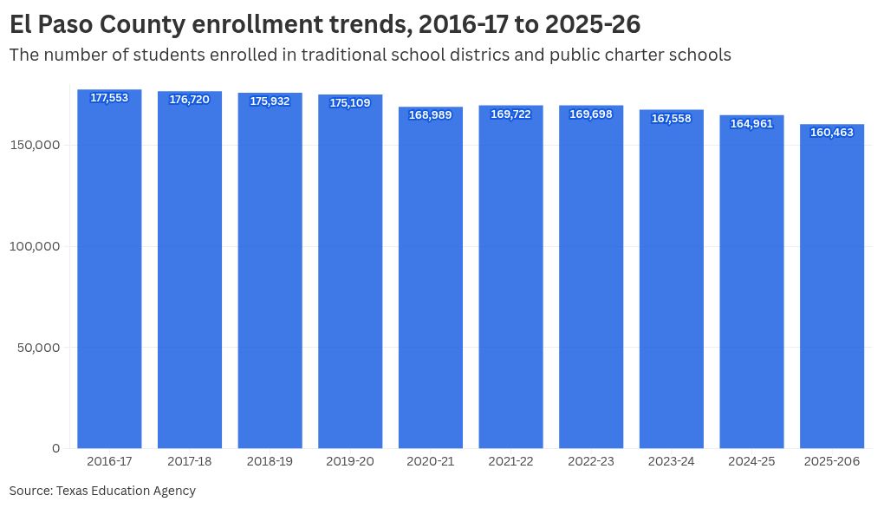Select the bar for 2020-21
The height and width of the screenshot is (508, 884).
pos(431,286)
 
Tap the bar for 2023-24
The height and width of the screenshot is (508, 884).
pos(671,286)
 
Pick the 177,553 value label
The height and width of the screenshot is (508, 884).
pos(109,98)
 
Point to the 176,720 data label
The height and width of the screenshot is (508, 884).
pos(189,100)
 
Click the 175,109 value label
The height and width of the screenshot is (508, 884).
pos(350,103)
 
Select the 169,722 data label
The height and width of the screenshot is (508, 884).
pos(510,114)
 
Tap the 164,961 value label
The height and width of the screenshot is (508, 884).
pos(751,124)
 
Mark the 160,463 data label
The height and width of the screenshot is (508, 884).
pos(832,133)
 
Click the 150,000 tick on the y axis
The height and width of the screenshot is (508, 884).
pos(36,145)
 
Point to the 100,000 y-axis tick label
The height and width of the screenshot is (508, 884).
pos(36,246)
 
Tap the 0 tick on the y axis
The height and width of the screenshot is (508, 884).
pos(55,448)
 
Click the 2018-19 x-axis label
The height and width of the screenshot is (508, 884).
pos(270,462)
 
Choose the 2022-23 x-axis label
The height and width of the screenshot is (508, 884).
pos(591,462)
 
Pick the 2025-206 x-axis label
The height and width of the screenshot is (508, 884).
pos(832,462)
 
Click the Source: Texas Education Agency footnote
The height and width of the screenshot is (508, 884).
pos(102,491)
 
